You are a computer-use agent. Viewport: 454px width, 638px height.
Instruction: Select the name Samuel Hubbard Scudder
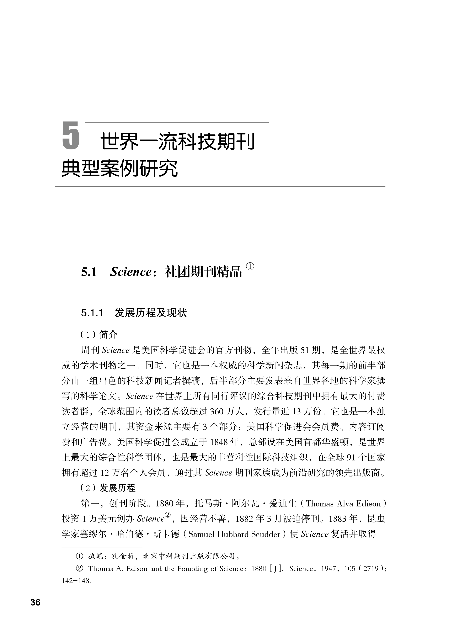point(234,534)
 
